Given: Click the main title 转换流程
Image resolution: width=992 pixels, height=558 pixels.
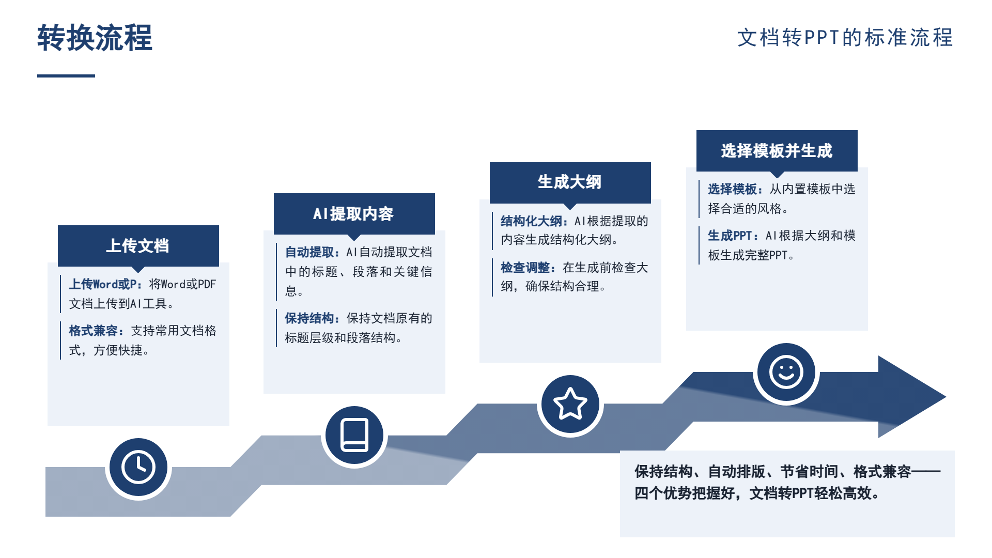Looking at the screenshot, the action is [95, 38].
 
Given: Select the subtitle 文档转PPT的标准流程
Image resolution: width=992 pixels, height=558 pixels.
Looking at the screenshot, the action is [845, 38].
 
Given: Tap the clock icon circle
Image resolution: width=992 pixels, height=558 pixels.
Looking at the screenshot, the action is [138, 468].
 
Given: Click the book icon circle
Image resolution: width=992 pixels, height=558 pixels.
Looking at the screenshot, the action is [354, 435].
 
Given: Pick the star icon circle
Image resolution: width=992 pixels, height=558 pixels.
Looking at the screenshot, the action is [570, 404].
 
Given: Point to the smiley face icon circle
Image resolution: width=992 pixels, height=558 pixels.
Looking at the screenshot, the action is [786, 372].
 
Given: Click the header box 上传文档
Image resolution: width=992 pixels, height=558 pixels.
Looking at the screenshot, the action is [138, 246].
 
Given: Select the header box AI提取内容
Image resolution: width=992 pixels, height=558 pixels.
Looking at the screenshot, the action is [354, 214].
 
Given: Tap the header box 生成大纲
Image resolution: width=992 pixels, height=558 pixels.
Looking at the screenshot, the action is [570, 182].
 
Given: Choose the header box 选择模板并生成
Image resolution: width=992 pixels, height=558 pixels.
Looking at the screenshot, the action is [777, 151].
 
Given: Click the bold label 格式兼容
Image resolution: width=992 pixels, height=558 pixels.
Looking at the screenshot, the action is [94, 331].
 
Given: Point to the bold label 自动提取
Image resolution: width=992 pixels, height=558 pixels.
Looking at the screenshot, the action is [309, 252].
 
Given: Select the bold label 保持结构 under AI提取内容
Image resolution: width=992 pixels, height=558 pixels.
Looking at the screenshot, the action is [309, 318].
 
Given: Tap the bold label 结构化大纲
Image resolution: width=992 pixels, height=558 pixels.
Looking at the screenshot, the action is [531, 221].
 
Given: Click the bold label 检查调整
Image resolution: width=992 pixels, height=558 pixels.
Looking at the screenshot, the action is [525, 268].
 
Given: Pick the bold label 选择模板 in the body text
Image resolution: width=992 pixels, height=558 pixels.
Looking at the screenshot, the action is [732, 189].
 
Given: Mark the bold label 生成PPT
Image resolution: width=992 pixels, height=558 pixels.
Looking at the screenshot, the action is [730, 236].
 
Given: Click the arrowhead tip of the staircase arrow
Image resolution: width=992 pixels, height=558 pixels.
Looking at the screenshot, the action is [946, 397].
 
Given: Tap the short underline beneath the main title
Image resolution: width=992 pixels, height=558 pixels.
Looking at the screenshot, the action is [66, 76].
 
